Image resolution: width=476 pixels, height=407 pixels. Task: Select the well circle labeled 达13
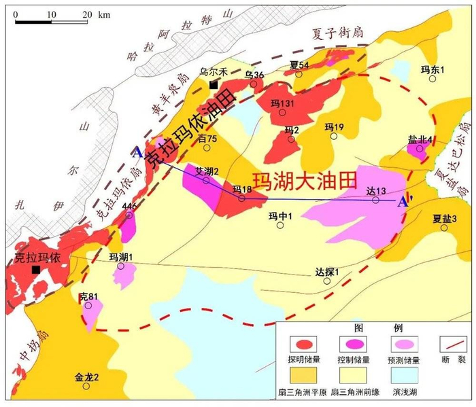coord(375,200)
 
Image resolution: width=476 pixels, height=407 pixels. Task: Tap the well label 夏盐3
coord(444,218)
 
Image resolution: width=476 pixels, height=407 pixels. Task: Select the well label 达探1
coord(326,272)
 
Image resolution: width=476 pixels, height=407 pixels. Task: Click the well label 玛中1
coord(279,216)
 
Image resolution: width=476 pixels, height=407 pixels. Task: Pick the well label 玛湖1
coord(120,256)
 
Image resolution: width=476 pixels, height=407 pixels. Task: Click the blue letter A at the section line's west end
coord(138,152)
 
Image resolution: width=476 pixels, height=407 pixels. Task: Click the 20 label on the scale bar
coord(86,14)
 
